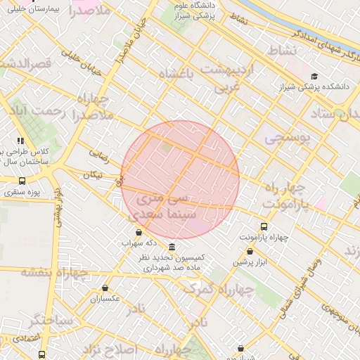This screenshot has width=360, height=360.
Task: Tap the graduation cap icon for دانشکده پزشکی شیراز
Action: coord(314,77)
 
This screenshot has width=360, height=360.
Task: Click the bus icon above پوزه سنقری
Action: coord(22,181)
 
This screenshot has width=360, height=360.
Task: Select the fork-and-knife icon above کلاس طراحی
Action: coord(21,141)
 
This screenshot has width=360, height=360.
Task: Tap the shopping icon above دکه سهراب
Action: coord(138,232)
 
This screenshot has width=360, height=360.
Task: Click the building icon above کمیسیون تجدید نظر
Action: coord(172,247)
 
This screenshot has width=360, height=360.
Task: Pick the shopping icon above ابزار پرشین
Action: coord(250,251)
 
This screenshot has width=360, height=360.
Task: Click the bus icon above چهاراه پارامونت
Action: coord(264,226)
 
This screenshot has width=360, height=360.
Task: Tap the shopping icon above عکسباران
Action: coord(105,288)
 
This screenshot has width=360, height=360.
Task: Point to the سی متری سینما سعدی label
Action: coord(162,205)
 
